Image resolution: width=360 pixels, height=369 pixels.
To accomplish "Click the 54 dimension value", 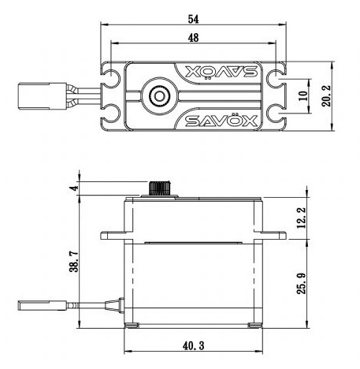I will click(x=193, y=17).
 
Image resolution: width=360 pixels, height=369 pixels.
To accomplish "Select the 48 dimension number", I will click(x=194, y=38).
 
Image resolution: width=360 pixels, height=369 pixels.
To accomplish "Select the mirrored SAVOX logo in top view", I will click(x=213, y=73).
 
